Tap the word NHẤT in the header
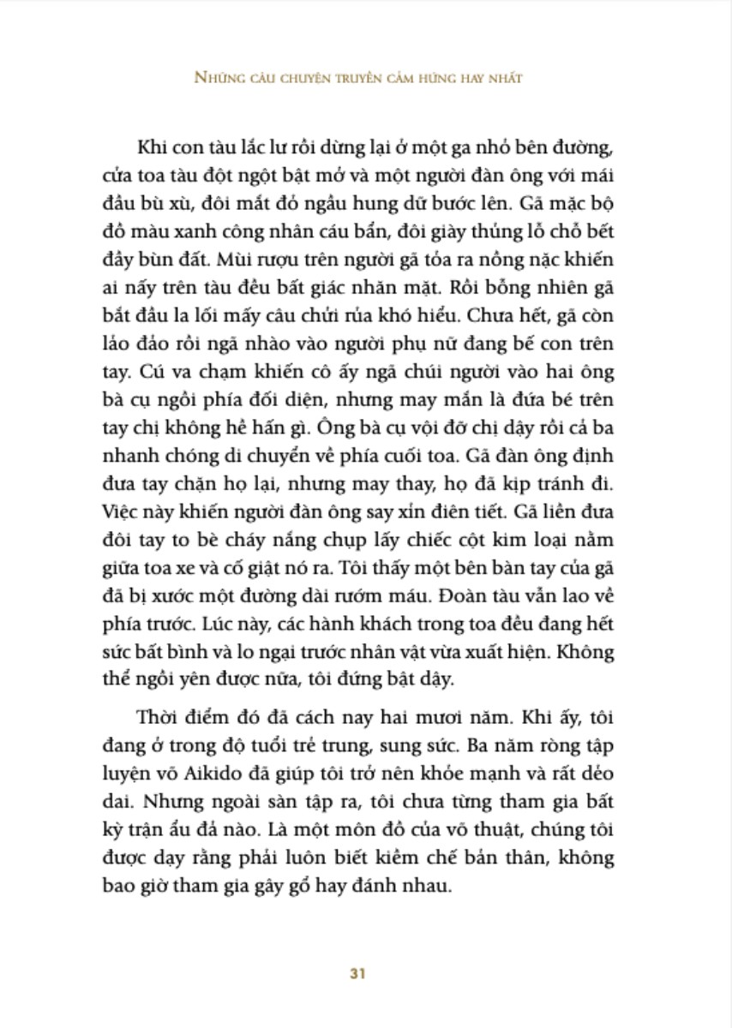[504, 77]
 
